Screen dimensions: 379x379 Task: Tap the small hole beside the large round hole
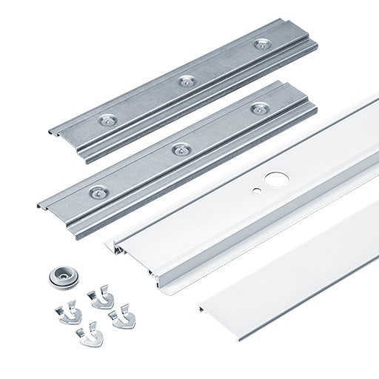tap(255, 189)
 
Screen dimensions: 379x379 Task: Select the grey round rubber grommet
tap(62, 275)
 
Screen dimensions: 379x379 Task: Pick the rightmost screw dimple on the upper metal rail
tap(261, 44)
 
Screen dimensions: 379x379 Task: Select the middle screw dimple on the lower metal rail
tap(178, 150)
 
